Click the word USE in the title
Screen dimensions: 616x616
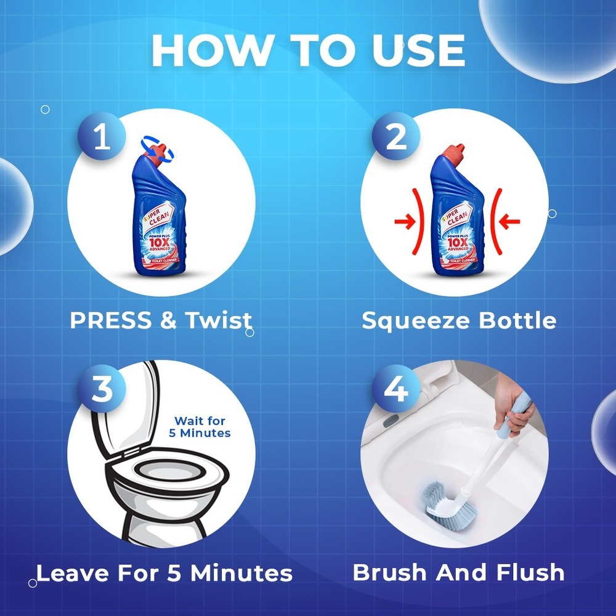419,51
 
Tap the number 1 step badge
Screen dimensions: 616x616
102,136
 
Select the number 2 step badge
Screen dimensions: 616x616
395,136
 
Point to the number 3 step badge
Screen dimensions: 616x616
102,389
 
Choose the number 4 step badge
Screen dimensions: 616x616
395,389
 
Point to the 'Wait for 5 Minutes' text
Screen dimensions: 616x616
200,427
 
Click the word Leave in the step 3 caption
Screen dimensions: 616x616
72,573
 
